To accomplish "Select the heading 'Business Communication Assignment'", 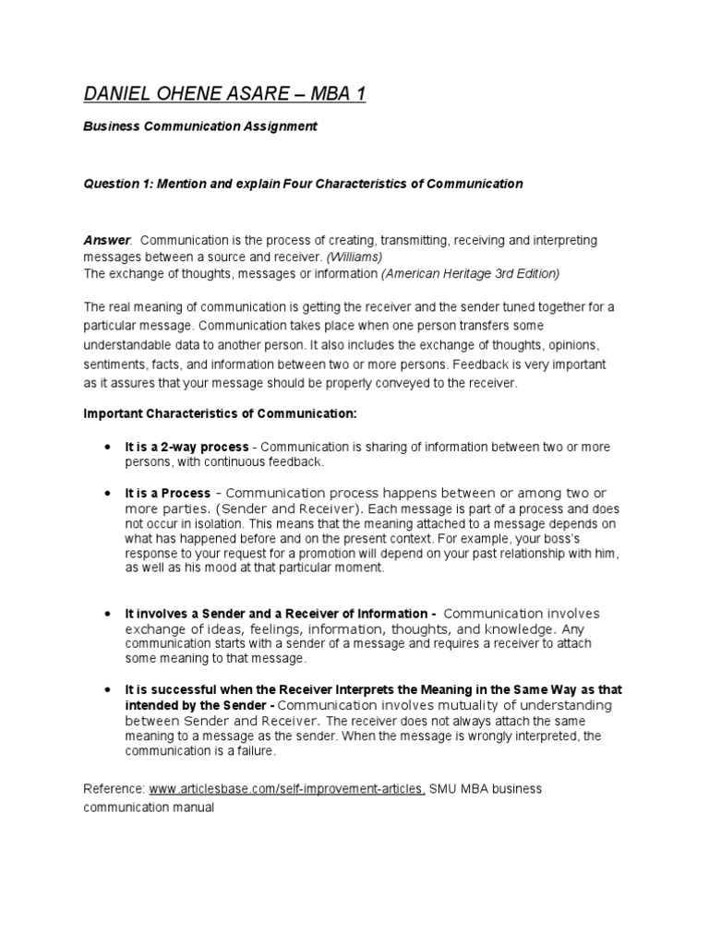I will click(x=200, y=126).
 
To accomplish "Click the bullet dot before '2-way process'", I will click(x=108, y=447).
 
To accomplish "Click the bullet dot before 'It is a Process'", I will click(x=108, y=494).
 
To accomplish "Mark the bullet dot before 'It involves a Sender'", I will click(x=108, y=614).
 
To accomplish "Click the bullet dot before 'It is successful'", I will click(x=108, y=689).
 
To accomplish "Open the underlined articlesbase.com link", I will click(x=287, y=789).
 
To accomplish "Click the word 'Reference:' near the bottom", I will click(x=114, y=789).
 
